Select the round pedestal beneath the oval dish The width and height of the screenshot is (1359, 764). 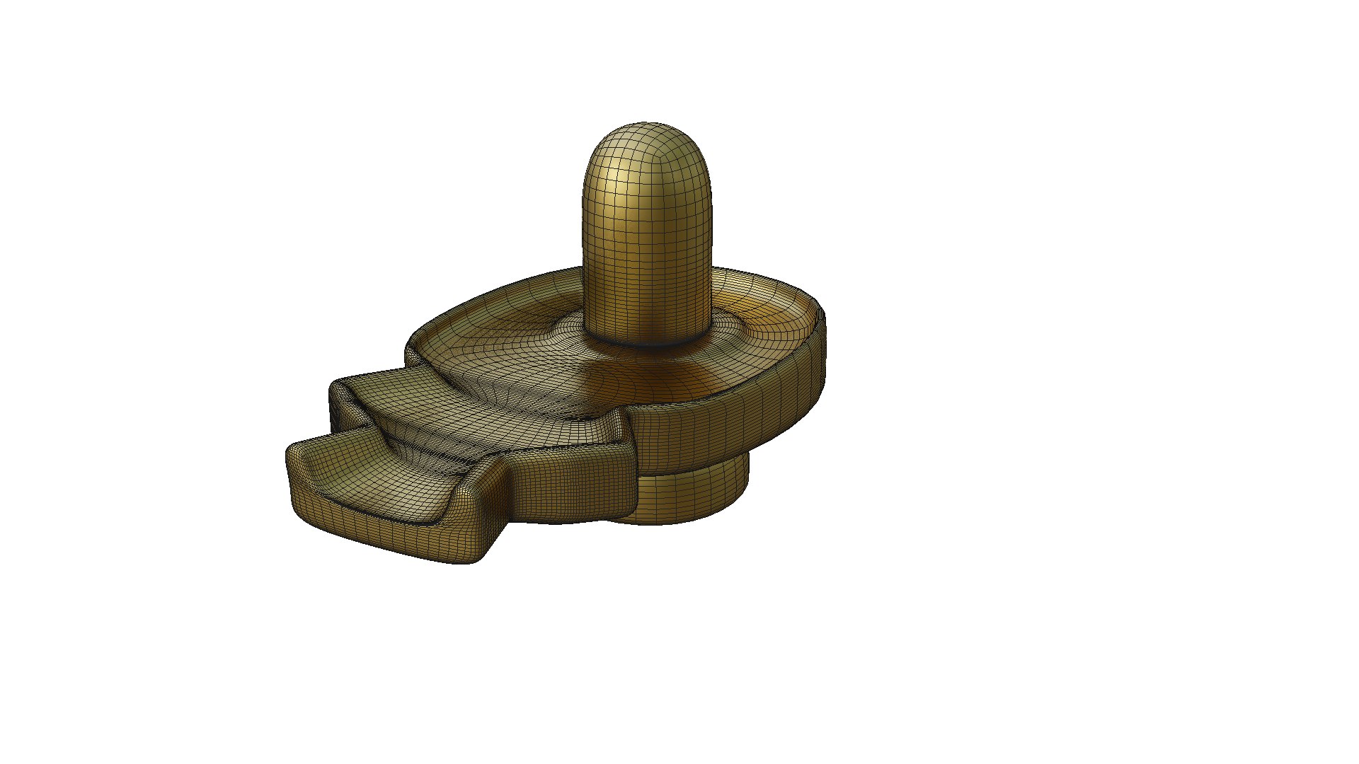click(x=694, y=495)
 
